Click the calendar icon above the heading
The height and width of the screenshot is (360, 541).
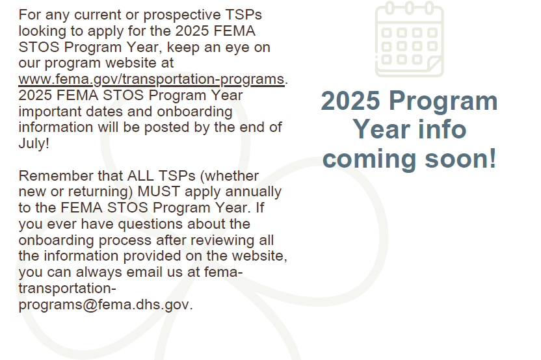tap(410, 38)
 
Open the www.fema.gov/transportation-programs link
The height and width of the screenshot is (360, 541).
tap(152, 79)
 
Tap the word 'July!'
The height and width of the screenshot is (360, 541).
tap(34, 143)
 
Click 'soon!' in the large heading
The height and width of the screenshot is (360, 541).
tap(460, 159)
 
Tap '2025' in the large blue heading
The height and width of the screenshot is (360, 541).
tap(350, 101)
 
